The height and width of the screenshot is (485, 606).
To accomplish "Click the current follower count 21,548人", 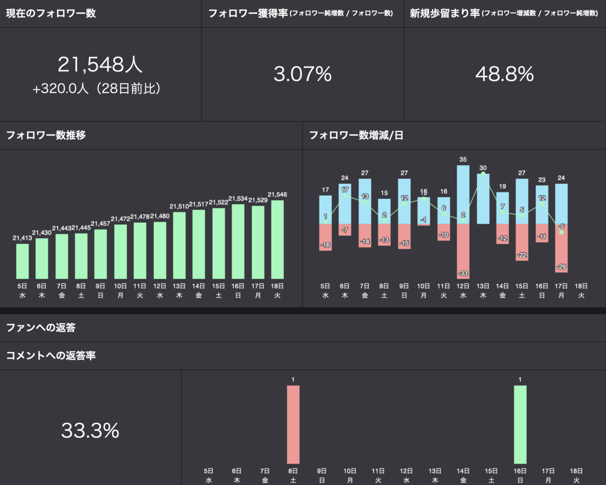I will [x=100, y=65].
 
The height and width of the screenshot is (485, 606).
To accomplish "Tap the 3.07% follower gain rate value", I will [x=302, y=74].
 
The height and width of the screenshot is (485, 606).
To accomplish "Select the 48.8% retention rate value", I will [x=504, y=74].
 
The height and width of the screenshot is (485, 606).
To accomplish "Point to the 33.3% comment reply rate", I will [x=90, y=430].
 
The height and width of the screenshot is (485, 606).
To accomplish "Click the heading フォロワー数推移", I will [x=46, y=136].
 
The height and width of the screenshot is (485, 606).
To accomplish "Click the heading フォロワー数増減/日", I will [x=356, y=136].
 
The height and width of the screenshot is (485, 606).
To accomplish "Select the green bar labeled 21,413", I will [x=22, y=261].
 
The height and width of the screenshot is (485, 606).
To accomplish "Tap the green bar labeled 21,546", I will [x=277, y=240].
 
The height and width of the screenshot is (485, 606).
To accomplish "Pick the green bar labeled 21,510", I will [x=179, y=245].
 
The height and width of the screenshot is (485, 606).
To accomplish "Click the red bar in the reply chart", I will [x=293, y=424].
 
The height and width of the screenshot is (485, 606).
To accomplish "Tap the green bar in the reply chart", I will [x=520, y=424].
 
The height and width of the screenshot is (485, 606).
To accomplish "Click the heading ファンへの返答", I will [x=41, y=328].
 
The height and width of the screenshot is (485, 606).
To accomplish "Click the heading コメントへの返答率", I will [x=51, y=356].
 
